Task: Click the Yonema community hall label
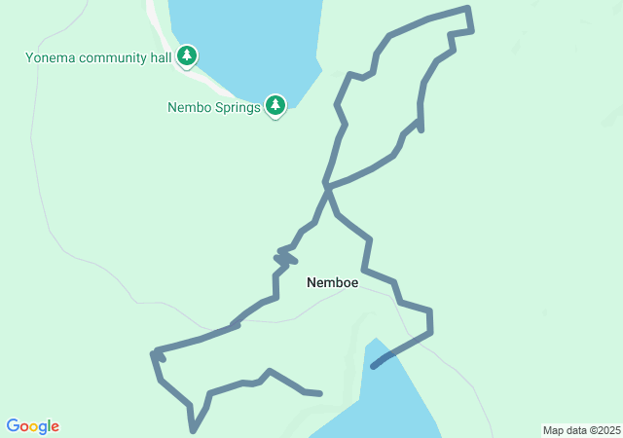[x=98, y=57]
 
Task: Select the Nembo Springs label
[x=213, y=107]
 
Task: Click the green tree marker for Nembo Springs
[x=275, y=105]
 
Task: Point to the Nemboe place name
[x=332, y=283]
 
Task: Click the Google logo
[x=33, y=426]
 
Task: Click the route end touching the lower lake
[x=374, y=367]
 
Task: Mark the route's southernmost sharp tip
[x=194, y=430]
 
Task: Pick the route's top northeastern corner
[x=468, y=9]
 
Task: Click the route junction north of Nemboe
[x=326, y=185]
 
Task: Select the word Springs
[x=238, y=107]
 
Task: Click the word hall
[x=160, y=57]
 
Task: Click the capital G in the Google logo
[x=13, y=426]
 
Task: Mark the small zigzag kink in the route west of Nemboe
[x=285, y=257]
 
